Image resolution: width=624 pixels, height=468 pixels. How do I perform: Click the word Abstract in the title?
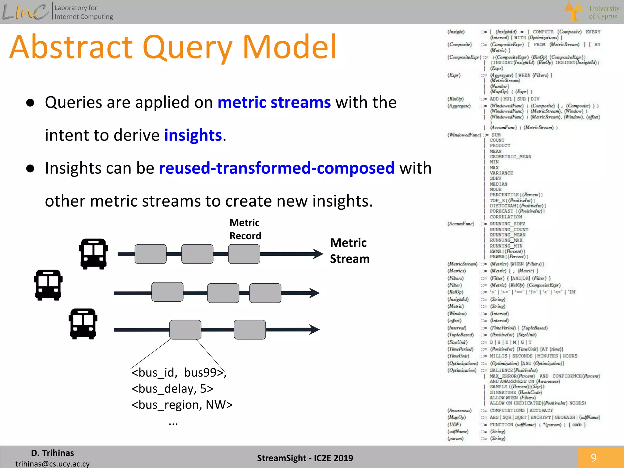pos(72,47)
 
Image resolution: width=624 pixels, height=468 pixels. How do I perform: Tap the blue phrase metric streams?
pos(274,102)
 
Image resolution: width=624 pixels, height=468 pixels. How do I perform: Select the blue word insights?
pos(193,135)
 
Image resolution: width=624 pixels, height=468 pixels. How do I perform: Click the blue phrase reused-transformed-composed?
pos(277,168)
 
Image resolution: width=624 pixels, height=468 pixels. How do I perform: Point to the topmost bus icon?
pos(94,254)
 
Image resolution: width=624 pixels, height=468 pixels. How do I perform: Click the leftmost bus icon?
pos(48,285)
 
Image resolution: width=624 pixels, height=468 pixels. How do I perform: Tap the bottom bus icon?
pos(83,324)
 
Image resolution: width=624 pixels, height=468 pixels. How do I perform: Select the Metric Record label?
pos(245,229)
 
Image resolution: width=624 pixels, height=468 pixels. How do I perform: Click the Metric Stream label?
pos(349,251)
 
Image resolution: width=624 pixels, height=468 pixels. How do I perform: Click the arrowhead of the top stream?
pos(318,254)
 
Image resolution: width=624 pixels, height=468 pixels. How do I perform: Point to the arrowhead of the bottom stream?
pos(314,329)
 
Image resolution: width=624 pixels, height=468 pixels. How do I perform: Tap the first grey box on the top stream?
pos(151,254)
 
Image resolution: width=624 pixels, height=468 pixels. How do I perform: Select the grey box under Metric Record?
pos(244,254)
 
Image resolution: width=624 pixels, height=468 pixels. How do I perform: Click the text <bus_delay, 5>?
pos(172,389)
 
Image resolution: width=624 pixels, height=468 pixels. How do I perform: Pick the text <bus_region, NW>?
pos(182,405)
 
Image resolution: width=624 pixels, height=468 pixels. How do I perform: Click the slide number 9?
pos(594,457)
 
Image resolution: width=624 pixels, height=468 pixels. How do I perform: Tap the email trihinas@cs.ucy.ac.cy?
pos(52,464)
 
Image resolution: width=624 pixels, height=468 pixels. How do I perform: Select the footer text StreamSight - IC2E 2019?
pos(305,458)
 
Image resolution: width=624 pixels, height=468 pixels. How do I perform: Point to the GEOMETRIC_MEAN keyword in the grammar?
pos(510,157)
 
